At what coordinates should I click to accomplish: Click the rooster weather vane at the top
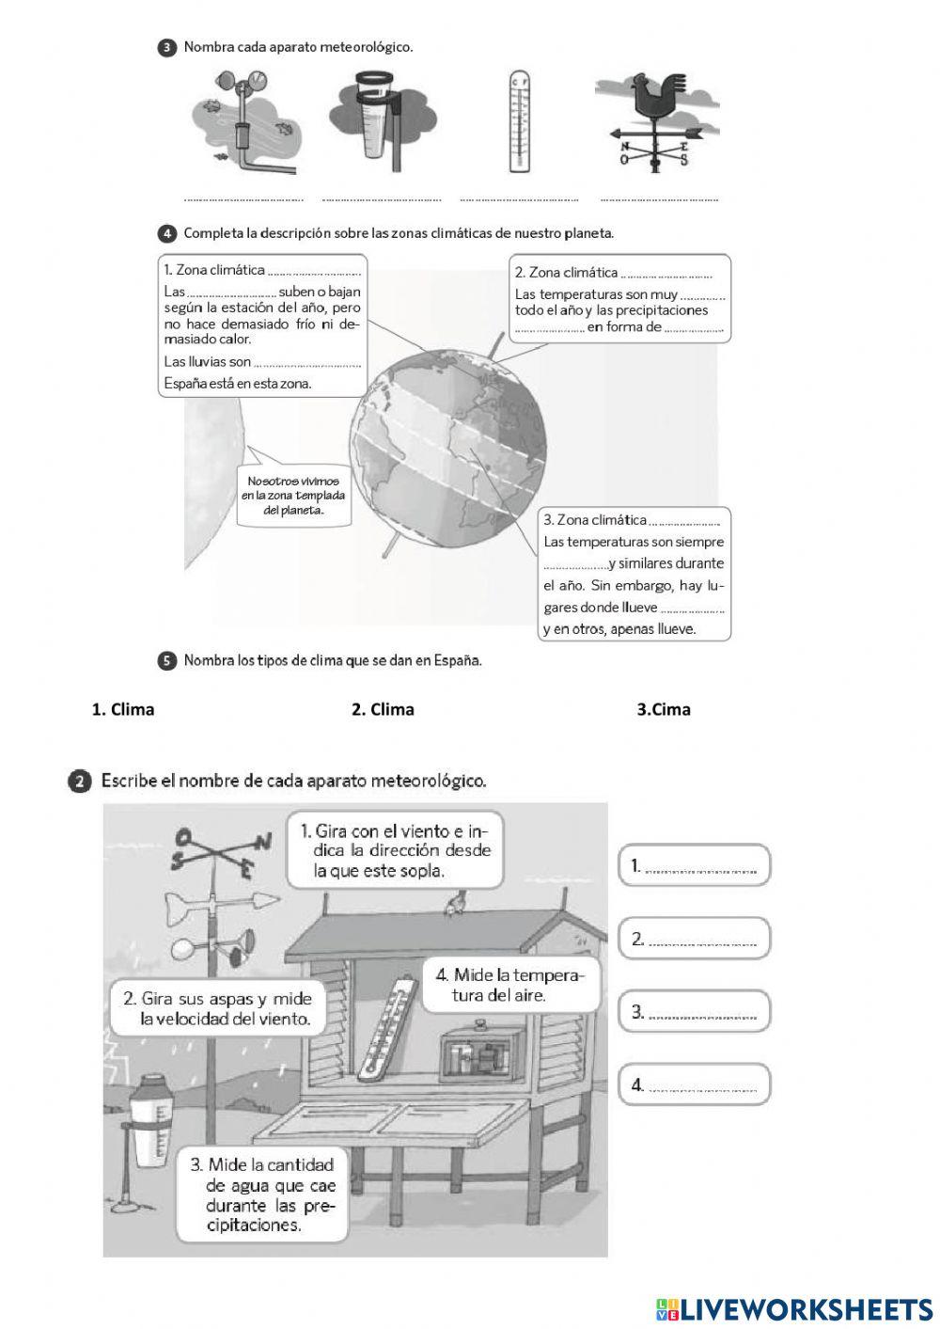[x=657, y=122]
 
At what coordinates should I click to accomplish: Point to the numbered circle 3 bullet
[x=167, y=47]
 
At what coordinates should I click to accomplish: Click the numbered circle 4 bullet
[x=167, y=233]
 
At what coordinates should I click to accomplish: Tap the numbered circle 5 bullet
[x=167, y=661]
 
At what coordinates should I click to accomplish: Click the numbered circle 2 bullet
[x=81, y=782]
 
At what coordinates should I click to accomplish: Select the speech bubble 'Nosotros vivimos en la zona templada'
[x=293, y=496]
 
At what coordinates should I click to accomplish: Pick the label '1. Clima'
[x=123, y=709]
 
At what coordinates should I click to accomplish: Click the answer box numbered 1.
[x=695, y=865]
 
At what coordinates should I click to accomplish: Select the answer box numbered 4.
[x=695, y=1084]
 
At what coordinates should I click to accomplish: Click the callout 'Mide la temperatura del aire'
[x=509, y=985]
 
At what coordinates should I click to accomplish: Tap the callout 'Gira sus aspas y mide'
[x=217, y=1008]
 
